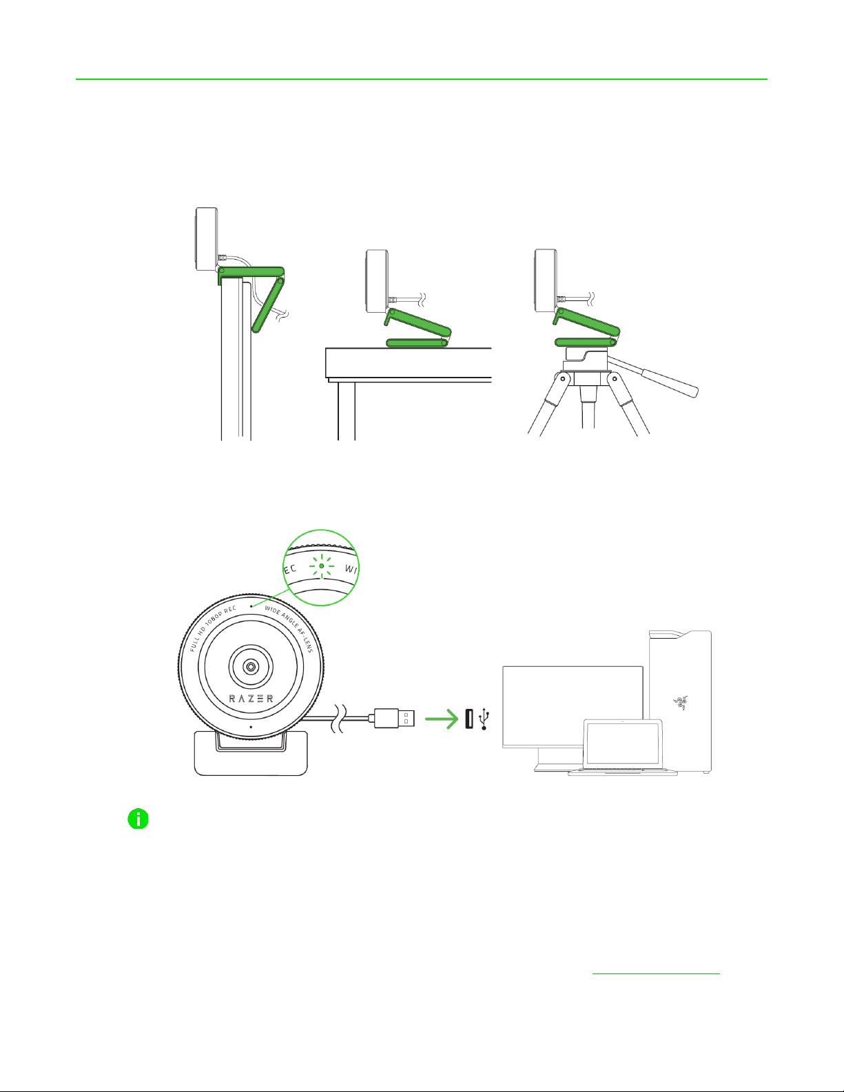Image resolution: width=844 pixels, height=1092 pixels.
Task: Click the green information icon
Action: pyautogui.click(x=138, y=818)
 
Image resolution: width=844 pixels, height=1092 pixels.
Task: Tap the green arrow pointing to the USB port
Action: pyautogui.click(x=442, y=719)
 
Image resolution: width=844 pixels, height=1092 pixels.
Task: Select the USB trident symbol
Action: pyautogui.click(x=484, y=719)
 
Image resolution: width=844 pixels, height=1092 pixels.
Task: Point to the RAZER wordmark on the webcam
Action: pyautogui.click(x=251, y=699)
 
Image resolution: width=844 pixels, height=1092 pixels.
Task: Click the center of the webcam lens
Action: pyautogui.click(x=251, y=667)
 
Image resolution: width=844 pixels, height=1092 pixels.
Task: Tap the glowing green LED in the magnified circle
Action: pyautogui.click(x=322, y=566)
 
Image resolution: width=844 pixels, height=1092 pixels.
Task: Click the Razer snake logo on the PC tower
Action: pyautogui.click(x=680, y=703)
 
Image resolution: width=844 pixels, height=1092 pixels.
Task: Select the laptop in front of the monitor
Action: pyautogui.click(x=623, y=748)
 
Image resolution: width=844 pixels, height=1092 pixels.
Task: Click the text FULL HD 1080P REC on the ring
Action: pyautogui.click(x=211, y=628)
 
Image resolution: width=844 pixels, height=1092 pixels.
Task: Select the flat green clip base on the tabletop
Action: pyautogui.click(x=416, y=342)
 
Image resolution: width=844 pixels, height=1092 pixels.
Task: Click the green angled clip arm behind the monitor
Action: pyautogui.click(x=268, y=305)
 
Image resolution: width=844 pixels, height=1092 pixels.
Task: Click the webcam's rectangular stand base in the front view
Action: pyautogui.click(x=251, y=753)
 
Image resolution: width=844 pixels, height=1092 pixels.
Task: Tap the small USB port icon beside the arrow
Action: pyautogui.click(x=469, y=719)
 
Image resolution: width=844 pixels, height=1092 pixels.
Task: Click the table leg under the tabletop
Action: pyautogui.click(x=346, y=411)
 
